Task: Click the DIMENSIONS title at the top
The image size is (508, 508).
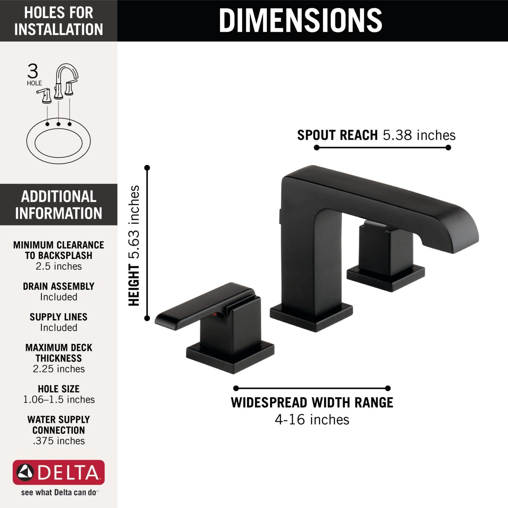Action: pyautogui.click(x=300, y=20)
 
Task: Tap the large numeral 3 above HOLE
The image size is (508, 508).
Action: pyautogui.click(x=33, y=71)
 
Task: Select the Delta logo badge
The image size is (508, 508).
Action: pyautogui.click(x=59, y=472)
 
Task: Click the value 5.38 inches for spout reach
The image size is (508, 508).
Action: pyautogui.click(x=419, y=135)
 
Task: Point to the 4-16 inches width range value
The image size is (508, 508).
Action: pyautogui.click(x=312, y=420)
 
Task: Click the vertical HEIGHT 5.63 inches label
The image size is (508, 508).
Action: pyautogui.click(x=134, y=246)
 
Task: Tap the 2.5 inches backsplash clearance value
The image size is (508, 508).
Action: pyautogui.click(x=59, y=266)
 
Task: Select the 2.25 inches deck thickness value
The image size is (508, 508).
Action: pyautogui.click(x=59, y=369)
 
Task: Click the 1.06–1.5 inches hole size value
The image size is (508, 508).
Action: pyautogui.click(x=59, y=400)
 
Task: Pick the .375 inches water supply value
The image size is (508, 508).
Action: pyautogui.click(x=59, y=441)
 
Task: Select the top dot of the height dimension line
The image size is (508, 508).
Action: pyautogui.click(x=147, y=168)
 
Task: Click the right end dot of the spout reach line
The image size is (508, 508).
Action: pyautogui.click(x=448, y=147)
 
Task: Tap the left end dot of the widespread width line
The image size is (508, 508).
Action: pyautogui.click(x=236, y=388)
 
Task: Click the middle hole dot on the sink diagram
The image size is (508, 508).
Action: pyautogui.click(x=59, y=124)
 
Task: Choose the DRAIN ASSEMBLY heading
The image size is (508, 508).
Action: pyautogui.click(x=59, y=286)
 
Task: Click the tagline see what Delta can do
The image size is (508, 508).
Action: pyautogui.click(x=59, y=492)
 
